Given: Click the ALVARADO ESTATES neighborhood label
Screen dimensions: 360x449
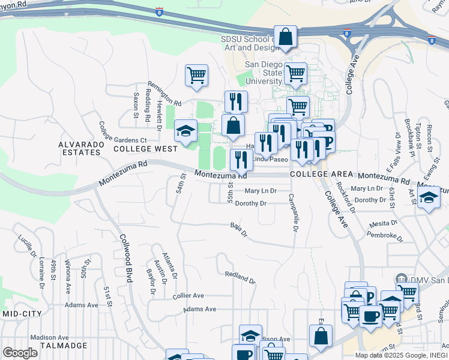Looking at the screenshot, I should (79, 148).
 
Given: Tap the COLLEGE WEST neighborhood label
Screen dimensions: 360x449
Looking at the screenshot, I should (145, 148).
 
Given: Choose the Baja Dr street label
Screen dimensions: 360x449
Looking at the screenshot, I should (238, 229).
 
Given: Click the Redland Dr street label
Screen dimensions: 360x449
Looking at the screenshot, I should (240, 277).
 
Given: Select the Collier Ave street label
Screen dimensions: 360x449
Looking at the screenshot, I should (188, 296).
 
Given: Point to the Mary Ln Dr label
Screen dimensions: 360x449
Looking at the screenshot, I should (261, 191).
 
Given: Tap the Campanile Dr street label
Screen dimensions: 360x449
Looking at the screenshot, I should (293, 212).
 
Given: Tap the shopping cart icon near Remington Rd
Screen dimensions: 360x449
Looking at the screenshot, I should (196, 76).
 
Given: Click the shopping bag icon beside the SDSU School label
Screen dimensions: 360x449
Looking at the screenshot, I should (286, 37).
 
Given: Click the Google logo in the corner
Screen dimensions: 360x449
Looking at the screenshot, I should (20, 353).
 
